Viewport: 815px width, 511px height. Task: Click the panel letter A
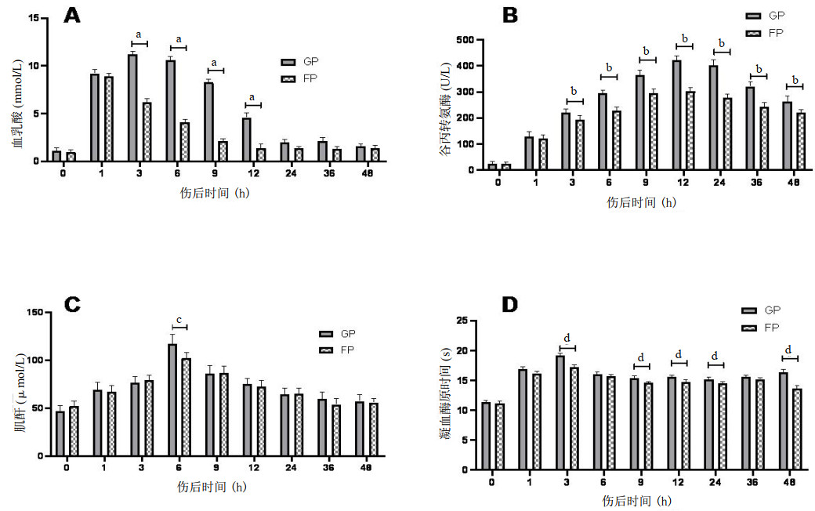click(72, 15)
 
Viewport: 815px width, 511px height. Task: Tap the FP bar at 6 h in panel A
click(184, 142)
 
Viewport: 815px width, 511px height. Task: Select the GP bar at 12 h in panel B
click(676, 115)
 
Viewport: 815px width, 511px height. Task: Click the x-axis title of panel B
click(641, 201)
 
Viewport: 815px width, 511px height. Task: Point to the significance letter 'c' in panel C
click(179, 320)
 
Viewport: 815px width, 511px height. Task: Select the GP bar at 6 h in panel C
click(172, 400)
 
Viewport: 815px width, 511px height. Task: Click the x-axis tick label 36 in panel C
click(330, 467)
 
